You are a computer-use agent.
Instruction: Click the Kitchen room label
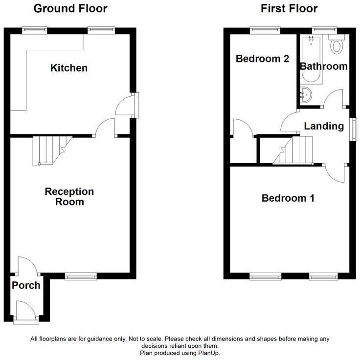(69, 68)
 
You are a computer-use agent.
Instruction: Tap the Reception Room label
(69, 196)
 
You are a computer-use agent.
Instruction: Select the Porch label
(26, 285)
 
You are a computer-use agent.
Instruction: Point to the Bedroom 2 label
(262, 59)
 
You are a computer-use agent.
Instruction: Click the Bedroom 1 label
(288, 198)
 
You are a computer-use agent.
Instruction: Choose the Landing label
(324, 126)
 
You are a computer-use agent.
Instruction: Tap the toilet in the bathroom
(337, 44)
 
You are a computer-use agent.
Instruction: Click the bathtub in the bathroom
(311, 59)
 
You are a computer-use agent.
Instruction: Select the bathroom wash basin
(306, 95)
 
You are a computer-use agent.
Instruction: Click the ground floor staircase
(52, 150)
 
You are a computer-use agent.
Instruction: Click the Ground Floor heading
(70, 8)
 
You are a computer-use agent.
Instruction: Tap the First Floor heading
(289, 8)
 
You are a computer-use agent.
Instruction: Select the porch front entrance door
(26, 312)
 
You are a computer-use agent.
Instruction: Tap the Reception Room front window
(81, 276)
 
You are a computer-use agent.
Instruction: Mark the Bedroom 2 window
(265, 31)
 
